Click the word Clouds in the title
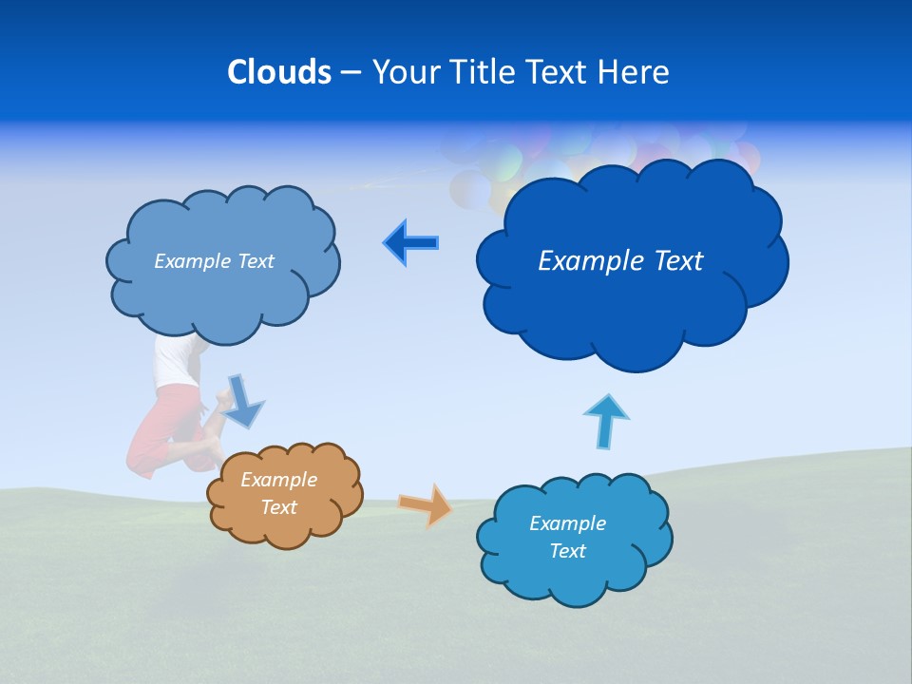[x=279, y=71]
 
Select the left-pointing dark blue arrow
[x=410, y=243]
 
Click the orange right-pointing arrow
[x=426, y=504]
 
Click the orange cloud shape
[x=285, y=495]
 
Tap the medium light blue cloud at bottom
[x=573, y=538]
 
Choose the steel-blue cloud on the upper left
[x=223, y=261]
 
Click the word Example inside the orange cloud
[x=278, y=480]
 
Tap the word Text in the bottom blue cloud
[x=567, y=551]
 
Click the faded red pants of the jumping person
[x=161, y=427]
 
